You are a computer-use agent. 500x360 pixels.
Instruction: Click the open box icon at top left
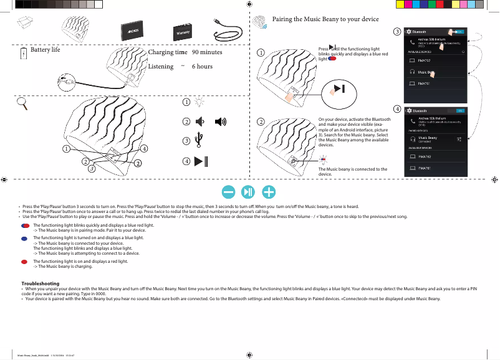pyautogui.click(x=26, y=26)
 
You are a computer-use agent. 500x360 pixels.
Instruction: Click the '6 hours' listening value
pyautogui.click(x=202, y=66)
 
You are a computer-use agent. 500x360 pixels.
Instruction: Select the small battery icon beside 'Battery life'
pyautogui.click(x=22, y=54)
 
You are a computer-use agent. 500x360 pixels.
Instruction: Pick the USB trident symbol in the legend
pyautogui.click(x=199, y=140)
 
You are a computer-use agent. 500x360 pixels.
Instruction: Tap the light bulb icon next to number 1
pyautogui.click(x=199, y=102)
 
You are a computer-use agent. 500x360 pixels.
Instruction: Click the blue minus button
pyautogui.click(x=229, y=191)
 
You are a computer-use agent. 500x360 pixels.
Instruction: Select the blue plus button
pyautogui.click(x=269, y=191)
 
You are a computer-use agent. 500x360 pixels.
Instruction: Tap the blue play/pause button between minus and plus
pyautogui.click(x=249, y=191)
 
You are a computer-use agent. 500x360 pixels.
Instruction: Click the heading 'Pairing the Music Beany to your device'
pyautogui.click(x=330, y=19)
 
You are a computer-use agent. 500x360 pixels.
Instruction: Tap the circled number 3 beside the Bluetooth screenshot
pyautogui.click(x=397, y=31)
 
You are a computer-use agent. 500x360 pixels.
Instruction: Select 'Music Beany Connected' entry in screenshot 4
pyautogui.click(x=428, y=140)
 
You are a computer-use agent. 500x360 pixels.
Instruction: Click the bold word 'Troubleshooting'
pyautogui.click(x=41, y=283)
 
